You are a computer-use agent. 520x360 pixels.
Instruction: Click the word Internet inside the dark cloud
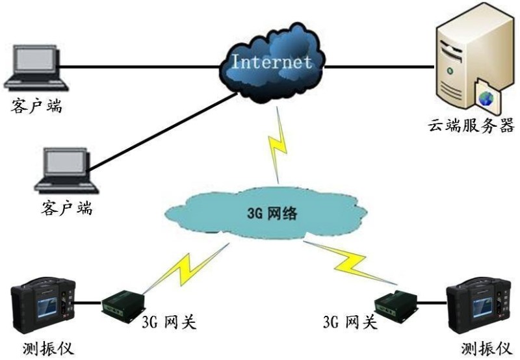coord(272,63)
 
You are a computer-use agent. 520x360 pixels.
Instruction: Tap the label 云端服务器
coord(471,125)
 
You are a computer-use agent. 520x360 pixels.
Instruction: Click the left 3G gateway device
coord(122,302)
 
